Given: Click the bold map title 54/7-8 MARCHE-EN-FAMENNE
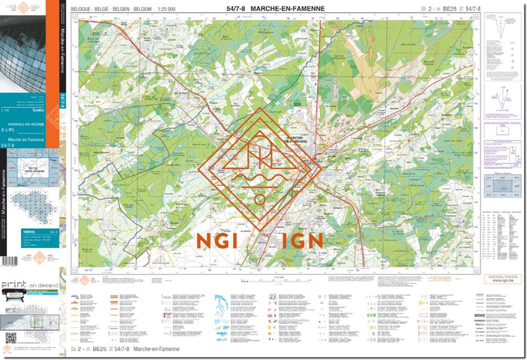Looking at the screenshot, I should pyautogui.click(x=275, y=9).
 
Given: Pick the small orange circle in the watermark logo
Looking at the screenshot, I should pyautogui.click(x=260, y=199).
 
